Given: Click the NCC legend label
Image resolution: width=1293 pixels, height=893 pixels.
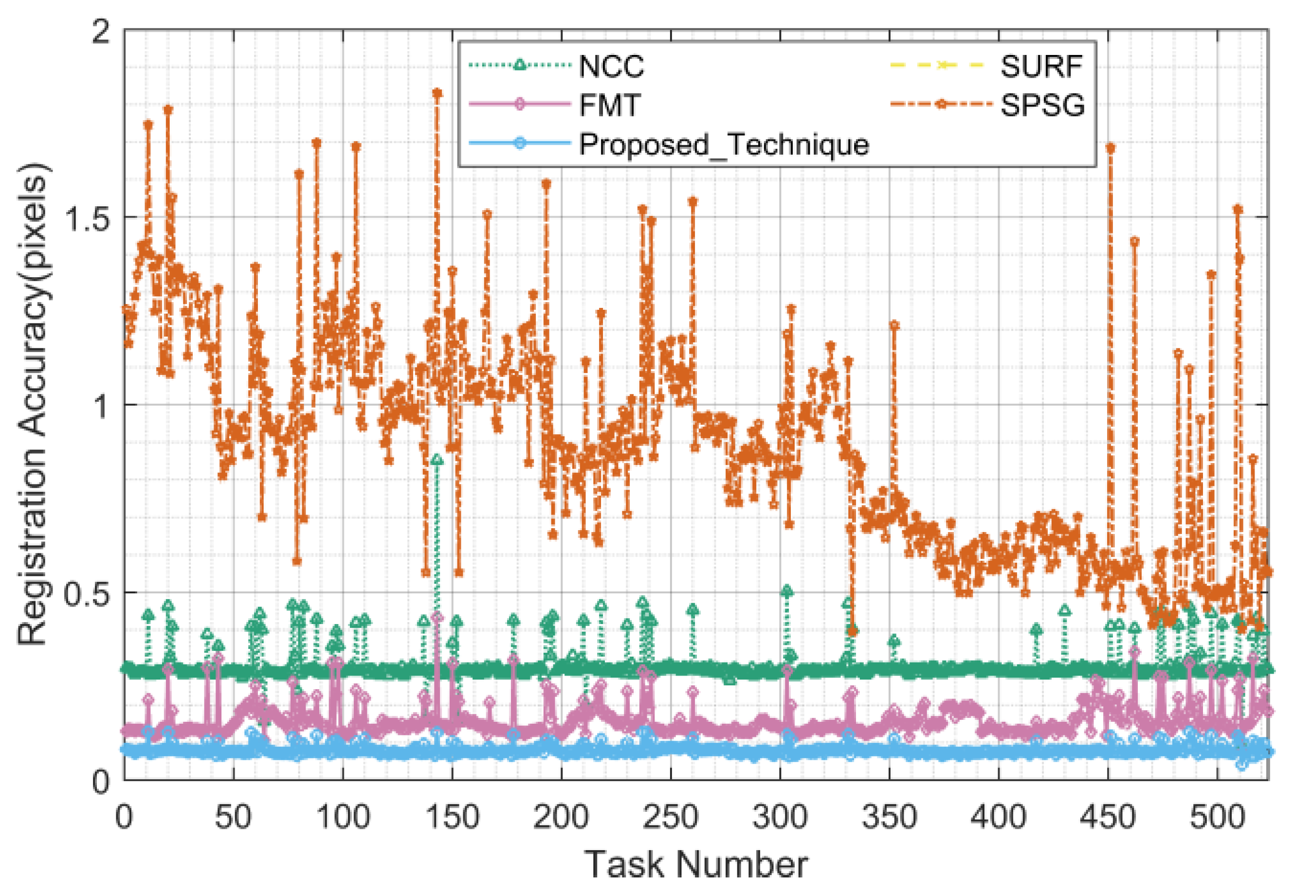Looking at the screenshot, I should [x=611, y=67].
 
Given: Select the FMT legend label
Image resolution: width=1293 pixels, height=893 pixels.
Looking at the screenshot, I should [x=609, y=105].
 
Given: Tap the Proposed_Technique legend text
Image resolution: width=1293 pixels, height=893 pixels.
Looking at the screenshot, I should [x=723, y=144].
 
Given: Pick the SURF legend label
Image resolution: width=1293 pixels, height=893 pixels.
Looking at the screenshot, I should [x=1041, y=67].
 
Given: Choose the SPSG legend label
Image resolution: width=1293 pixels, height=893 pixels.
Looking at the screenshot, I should [x=1042, y=105].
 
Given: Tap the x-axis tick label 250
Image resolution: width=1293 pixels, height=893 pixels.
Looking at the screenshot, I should [x=670, y=818].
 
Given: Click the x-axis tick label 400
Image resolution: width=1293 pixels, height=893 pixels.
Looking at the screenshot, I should [x=998, y=818].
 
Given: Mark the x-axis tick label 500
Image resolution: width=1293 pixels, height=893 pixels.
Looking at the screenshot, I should [x=1216, y=818].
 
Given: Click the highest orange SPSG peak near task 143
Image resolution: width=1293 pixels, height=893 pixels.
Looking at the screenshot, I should [x=437, y=93].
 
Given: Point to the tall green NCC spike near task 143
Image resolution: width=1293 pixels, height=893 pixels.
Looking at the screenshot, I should [x=437, y=460].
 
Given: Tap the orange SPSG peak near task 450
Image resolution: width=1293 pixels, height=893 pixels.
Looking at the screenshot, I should [x=1110, y=148].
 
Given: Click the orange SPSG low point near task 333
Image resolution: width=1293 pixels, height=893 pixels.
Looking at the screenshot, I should [x=852, y=631].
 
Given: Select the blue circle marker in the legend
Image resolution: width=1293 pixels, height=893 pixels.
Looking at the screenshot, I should [x=519, y=144].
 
